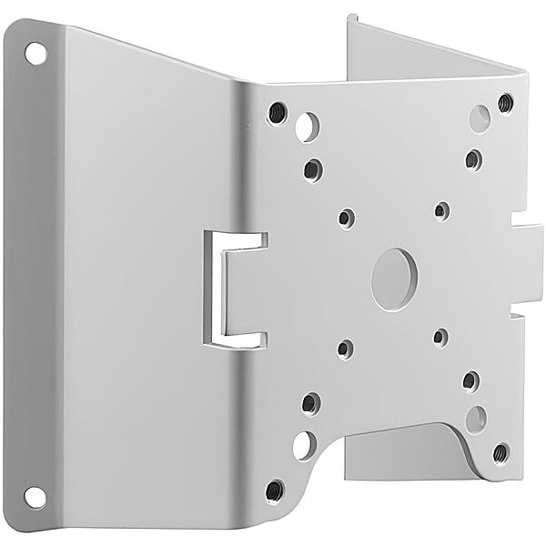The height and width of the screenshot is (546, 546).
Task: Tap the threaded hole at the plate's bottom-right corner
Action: pos(500,451)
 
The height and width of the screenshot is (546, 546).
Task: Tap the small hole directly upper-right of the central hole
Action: pos(441,211)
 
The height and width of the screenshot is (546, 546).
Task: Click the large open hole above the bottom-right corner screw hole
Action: pos(476,418)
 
